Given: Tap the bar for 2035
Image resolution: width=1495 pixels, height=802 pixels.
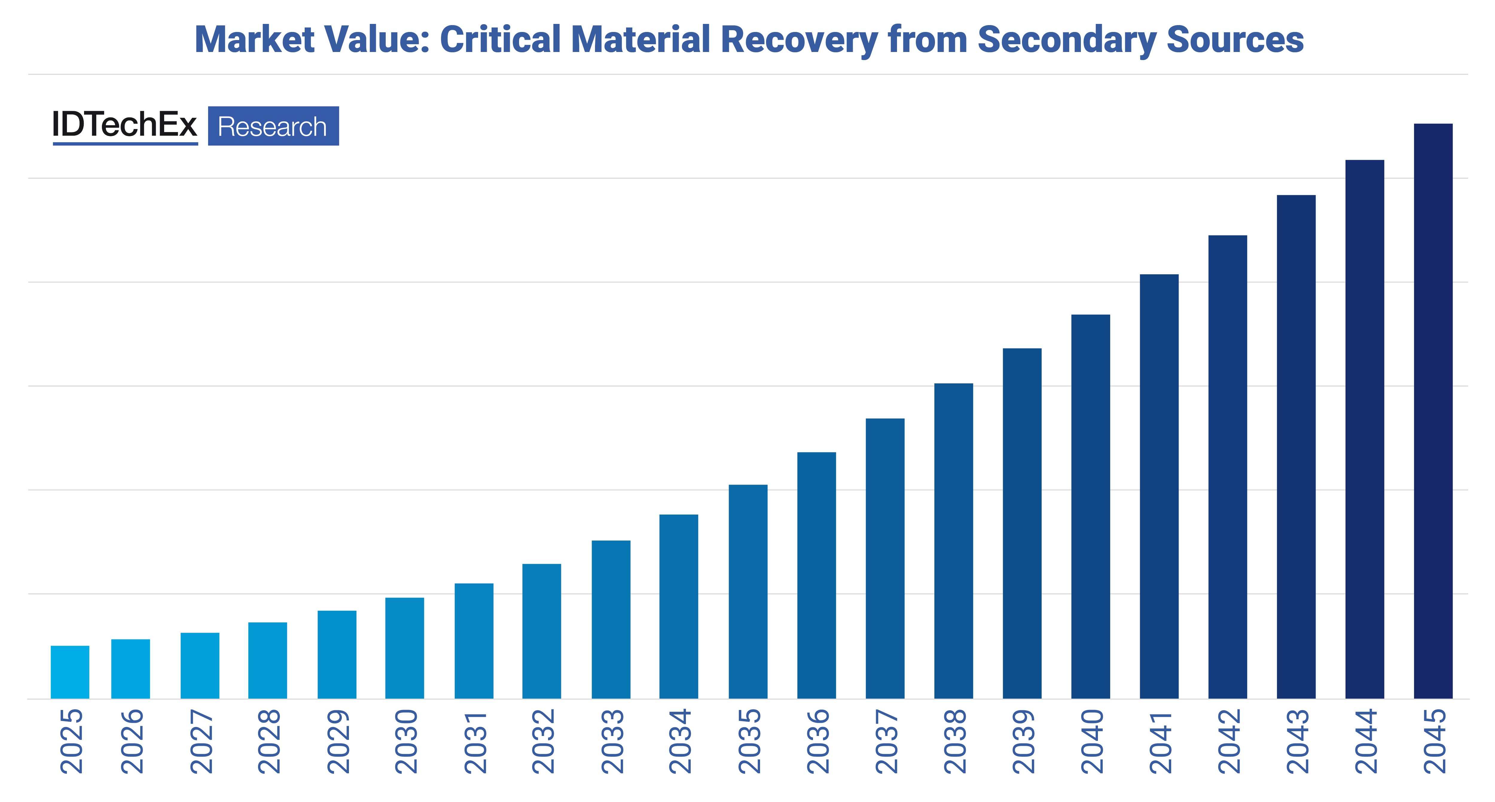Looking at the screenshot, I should (747, 592).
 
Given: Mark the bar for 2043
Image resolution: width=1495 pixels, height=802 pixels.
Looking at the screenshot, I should (1296, 446).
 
